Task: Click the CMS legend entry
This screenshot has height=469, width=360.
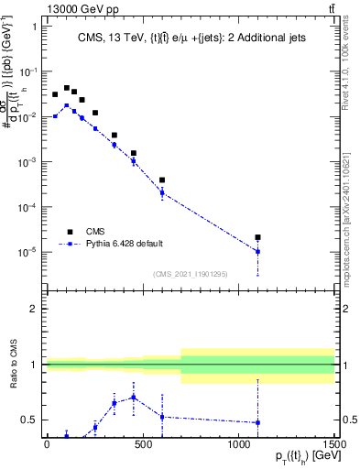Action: coord(94,232)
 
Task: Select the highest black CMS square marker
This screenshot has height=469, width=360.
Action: coord(66,88)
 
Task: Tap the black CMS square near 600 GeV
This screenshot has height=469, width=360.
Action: coord(162,180)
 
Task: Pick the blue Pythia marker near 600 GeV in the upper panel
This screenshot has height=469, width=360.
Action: coord(162,192)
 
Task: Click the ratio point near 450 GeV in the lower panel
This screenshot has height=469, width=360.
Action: coord(133,397)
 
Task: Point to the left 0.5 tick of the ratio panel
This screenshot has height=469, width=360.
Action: coord(29,420)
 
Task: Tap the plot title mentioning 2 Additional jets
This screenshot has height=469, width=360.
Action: coord(191,38)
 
